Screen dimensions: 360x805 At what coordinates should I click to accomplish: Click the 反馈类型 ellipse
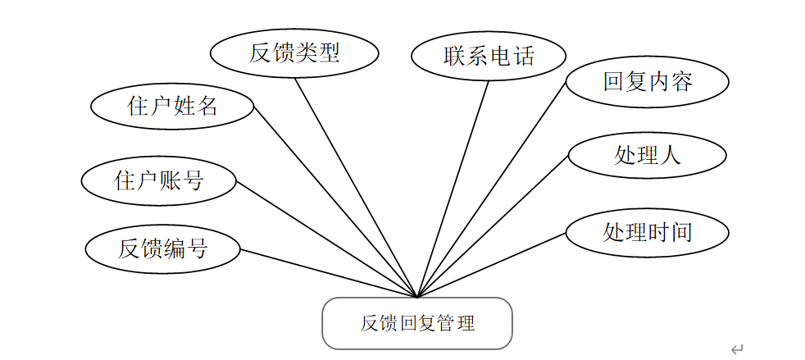[294, 53]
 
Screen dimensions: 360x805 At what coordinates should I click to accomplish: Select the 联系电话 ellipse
[489, 57]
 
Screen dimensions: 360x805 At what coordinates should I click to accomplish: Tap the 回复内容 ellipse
[648, 82]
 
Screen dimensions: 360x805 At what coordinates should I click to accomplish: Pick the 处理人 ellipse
[647, 155]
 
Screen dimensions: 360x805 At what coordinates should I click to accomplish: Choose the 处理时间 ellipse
[648, 232]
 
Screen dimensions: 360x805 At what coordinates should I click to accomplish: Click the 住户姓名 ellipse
[172, 106]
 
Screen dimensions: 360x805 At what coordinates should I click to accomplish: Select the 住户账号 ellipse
[159, 180]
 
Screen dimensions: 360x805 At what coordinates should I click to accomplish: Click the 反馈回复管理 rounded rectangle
[417, 323]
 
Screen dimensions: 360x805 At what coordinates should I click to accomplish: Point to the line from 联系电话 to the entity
[453, 188]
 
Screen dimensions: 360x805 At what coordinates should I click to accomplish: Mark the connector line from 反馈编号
[328, 273]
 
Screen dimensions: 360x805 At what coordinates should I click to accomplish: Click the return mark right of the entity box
[736, 349]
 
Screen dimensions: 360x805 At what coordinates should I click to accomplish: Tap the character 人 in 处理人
[670, 155]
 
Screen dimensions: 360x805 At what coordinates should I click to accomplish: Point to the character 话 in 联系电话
[523, 57]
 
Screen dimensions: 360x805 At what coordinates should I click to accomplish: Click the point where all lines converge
[417, 297]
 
